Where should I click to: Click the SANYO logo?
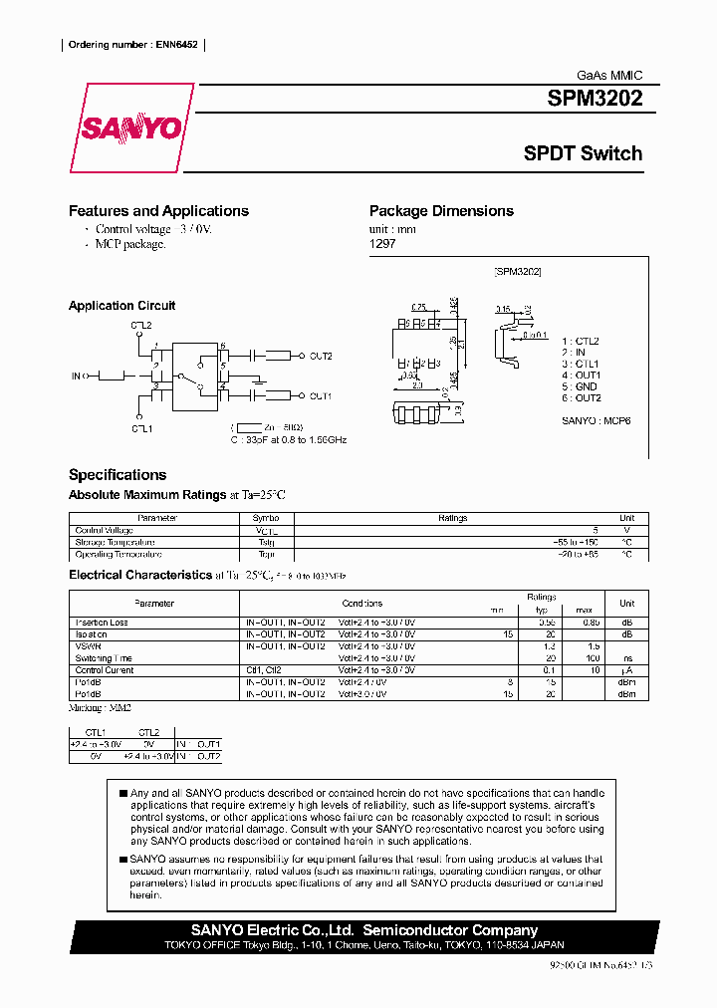point(130,128)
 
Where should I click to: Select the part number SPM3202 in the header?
point(595,99)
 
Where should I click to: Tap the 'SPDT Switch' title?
point(583,153)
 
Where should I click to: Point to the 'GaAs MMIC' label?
point(610,76)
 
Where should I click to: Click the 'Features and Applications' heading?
point(158,211)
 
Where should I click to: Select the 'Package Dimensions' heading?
point(441,211)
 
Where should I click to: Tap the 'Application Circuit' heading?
point(121,306)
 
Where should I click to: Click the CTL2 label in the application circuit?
point(140,326)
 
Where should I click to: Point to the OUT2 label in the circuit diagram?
point(320,356)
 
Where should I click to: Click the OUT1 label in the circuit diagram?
point(320,396)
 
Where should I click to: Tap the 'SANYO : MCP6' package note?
point(596,420)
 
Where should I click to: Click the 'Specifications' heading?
point(118,475)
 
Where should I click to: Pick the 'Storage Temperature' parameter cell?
point(119,542)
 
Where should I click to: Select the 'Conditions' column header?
point(361,603)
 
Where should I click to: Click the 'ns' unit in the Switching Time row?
point(626,658)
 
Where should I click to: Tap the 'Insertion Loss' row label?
point(102,623)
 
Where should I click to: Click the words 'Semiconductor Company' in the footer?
point(450,930)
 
